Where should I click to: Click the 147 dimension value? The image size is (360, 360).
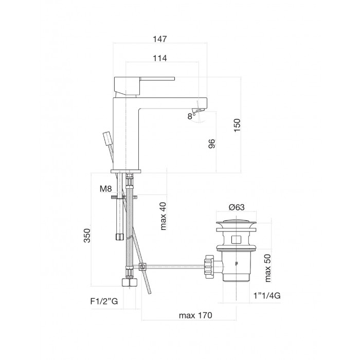click(160, 39)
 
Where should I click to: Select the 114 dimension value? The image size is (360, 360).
click(160, 58)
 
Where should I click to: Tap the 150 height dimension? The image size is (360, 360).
click(237, 125)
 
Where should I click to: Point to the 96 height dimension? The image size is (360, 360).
click(212, 143)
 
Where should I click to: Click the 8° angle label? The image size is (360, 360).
click(191, 116)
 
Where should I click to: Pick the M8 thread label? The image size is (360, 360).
click(105, 189)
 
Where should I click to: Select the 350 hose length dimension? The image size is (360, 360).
click(87, 236)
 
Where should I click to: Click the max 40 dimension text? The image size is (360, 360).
click(163, 216)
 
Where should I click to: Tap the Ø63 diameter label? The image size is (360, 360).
click(237, 207)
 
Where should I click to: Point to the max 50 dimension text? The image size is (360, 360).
click(268, 268)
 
